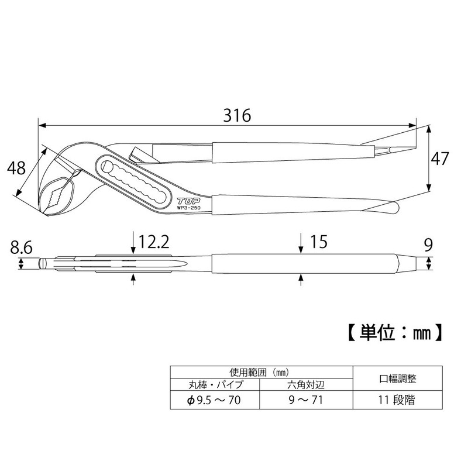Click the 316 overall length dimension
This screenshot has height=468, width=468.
tap(238, 115)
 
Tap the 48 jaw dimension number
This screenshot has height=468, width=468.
tap(16, 168)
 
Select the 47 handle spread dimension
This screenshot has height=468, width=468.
tap(440, 159)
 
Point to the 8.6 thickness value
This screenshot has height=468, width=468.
tap(21, 247)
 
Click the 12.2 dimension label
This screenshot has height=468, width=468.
tap(154, 242)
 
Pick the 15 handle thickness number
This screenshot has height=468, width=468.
tap(319, 242)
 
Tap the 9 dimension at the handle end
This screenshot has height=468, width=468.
tap(428, 245)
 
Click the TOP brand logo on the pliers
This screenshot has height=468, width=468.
tap(189, 201)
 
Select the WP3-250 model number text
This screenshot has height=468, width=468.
tap(189, 208)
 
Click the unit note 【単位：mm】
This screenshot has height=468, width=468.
tap(395, 332)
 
